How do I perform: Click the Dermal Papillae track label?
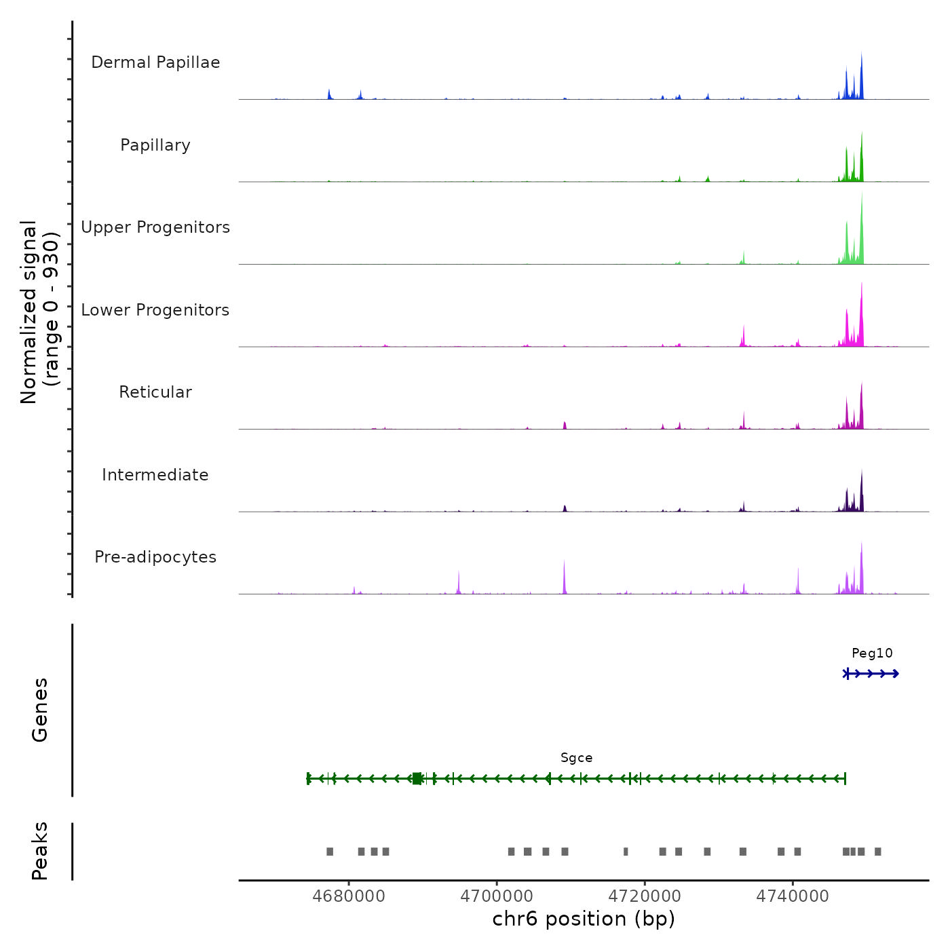[x=155, y=62]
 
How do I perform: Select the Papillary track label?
[x=155, y=145]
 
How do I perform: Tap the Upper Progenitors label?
[x=155, y=227]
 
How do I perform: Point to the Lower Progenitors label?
[x=155, y=310]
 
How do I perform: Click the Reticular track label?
[x=155, y=392]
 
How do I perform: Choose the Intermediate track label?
[x=155, y=475]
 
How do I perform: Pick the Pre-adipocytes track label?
[x=155, y=557]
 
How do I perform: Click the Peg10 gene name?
[x=872, y=653]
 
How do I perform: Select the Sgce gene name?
[x=576, y=758]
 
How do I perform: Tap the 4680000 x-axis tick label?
[x=349, y=896]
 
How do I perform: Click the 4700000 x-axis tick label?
[x=497, y=896]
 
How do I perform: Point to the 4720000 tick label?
[x=645, y=896]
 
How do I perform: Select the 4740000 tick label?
[x=793, y=896]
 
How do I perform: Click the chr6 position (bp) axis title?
[x=584, y=919]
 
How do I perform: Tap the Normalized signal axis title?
[x=39, y=312]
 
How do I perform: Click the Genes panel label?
[x=40, y=710]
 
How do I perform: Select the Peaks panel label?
[x=40, y=851]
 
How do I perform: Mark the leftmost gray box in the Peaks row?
[x=330, y=852]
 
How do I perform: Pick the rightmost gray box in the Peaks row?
[x=877, y=852]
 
